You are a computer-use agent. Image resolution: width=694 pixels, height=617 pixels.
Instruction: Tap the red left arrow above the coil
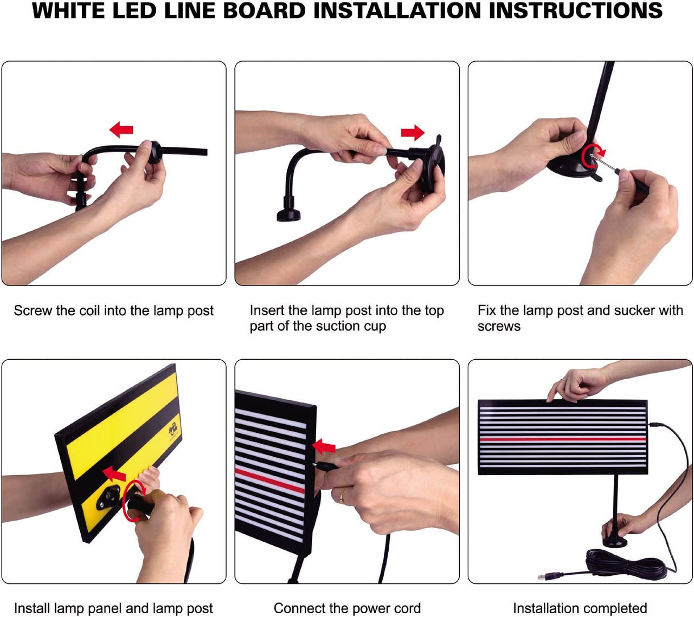coord(121,129)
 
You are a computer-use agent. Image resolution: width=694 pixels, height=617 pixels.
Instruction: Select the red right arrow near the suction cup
coord(413,132)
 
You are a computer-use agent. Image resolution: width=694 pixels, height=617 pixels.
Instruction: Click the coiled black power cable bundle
coord(624,563)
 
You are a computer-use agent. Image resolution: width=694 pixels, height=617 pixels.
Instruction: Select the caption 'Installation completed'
coord(580,608)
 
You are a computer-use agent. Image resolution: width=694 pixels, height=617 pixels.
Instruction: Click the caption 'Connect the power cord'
coord(347,608)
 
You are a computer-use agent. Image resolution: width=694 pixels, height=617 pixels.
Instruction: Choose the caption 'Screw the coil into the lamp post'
coord(113,311)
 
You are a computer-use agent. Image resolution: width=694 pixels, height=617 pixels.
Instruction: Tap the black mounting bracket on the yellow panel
coord(108,497)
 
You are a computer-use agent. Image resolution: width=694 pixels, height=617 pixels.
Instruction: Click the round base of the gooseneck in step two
coord(289,213)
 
